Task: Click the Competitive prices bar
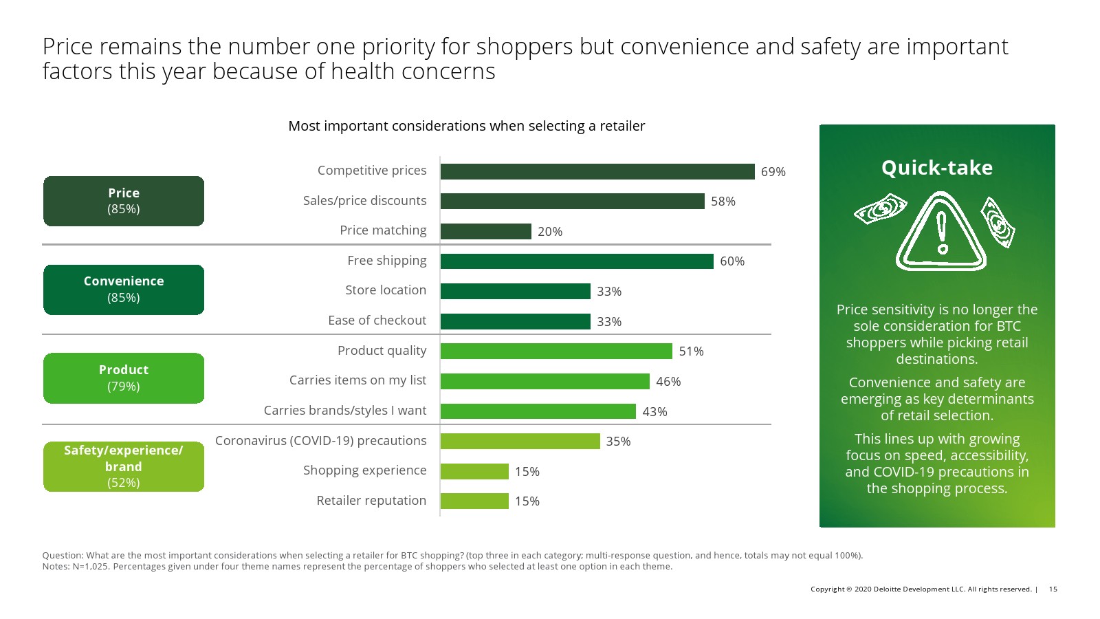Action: pyautogui.click(x=597, y=171)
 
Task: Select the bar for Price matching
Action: pyautogui.click(x=485, y=231)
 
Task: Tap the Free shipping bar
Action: pyautogui.click(x=576, y=261)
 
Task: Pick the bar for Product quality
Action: pyautogui.click(x=555, y=351)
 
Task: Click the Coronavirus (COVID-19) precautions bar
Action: pyautogui.click(x=520, y=441)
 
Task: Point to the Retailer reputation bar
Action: pyautogui.click(x=474, y=501)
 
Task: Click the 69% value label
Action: pyautogui.click(x=773, y=172)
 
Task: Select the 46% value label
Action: pyautogui.click(x=668, y=382)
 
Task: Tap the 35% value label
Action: pyautogui.click(x=618, y=442)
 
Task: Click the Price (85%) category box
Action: pyautogui.click(x=124, y=201)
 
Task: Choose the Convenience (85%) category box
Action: pyautogui.click(x=124, y=290)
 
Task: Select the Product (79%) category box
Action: pyautogui.click(x=124, y=378)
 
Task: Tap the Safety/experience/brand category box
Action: pyautogui.click(x=124, y=466)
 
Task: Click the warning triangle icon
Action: pyautogui.click(x=941, y=233)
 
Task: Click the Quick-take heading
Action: pyautogui.click(x=937, y=168)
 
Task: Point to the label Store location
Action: pyautogui.click(x=386, y=290)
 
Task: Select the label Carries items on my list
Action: pyautogui.click(x=357, y=380)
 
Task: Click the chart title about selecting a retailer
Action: pyautogui.click(x=466, y=126)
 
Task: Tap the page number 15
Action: pyautogui.click(x=1053, y=589)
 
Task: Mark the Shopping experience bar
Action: pyautogui.click(x=474, y=471)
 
